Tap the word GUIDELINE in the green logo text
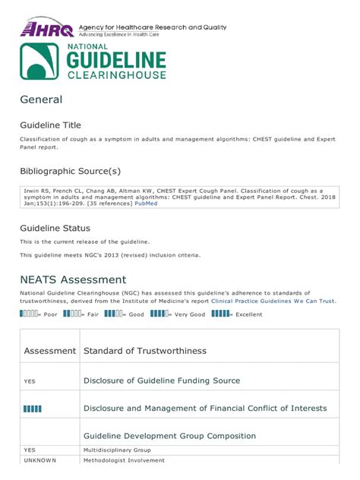(117, 61)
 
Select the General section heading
(41, 99)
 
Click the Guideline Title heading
(50, 125)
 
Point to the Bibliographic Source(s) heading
(70, 171)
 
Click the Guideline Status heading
(55, 228)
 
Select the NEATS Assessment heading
(73, 279)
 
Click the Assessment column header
(50, 351)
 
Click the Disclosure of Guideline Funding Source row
(161, 381)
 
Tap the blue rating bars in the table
(33, 409)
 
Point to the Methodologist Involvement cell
(126, 461)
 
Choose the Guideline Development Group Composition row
(169, 436)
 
